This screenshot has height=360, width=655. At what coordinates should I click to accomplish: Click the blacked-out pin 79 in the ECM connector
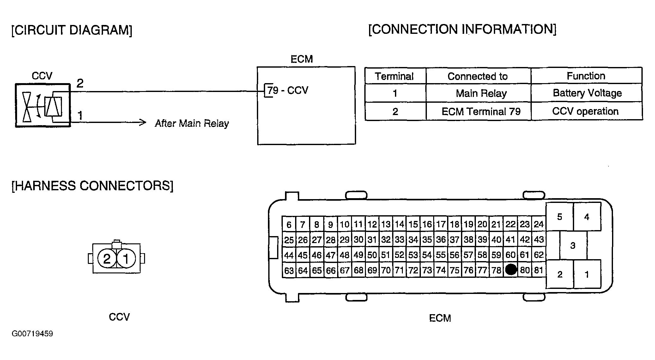[x=511, y=270]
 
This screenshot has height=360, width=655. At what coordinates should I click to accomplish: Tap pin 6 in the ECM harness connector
[x=289, y=224]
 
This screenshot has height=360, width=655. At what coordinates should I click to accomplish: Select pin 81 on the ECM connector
[x=538, y=270]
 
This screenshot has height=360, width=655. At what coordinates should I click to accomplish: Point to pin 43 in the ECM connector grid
[x=538, y=239]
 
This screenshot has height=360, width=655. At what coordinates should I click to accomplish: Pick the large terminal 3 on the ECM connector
[x=573, y=245]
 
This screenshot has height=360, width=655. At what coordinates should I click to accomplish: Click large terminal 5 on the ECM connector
[x=560, y=217]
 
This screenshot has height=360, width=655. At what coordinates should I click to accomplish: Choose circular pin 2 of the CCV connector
[x=107, y=259]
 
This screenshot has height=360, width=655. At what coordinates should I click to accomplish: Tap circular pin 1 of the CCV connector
[x=126, y=259]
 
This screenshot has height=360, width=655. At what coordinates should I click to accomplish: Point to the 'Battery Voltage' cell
[x=587, y=93]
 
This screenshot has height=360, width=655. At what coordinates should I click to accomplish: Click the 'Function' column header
[x=586, y=76]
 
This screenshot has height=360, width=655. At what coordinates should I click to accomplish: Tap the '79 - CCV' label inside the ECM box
[x=288, y=90]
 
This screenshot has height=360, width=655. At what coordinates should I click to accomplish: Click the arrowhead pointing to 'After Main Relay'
[x=143, y=122]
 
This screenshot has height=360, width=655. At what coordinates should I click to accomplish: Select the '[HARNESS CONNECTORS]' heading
[x=92, y=186]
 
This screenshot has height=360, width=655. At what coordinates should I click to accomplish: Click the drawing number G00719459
[x=32, y=334]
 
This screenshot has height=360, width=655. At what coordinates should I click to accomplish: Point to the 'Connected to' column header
[x=477, y=76]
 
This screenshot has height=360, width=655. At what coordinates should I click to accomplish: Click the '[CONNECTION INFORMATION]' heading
[x=462, y=29]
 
